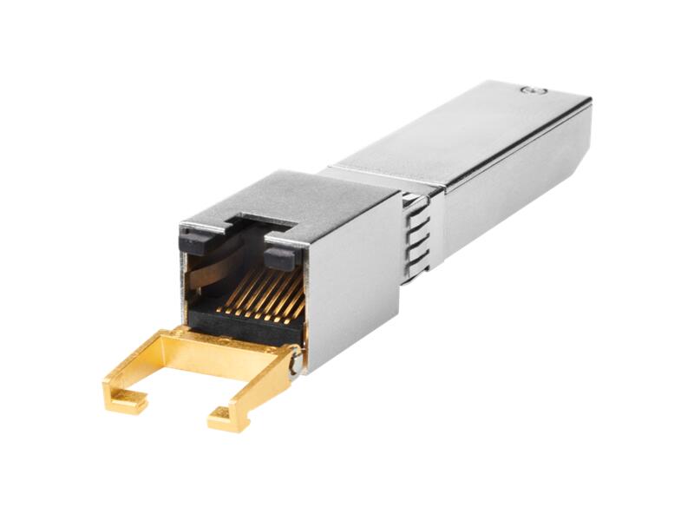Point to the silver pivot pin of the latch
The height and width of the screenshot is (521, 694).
click(298, 358)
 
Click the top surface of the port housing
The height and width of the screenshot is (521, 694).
click(286, 195)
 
